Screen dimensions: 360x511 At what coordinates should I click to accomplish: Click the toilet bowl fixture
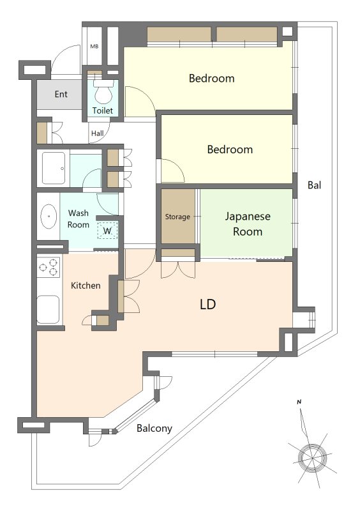click(103, 93)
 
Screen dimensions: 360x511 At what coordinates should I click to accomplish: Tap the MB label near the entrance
click(94, 47)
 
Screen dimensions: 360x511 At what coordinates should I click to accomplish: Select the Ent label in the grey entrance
click(61, 94)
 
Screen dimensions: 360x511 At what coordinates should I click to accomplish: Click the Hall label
click(98, 133)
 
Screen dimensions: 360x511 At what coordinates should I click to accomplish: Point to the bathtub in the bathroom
click(54, 168)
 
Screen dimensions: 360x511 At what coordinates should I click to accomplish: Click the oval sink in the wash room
click(49, 216)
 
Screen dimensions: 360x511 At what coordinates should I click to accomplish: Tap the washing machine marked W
click(107, 231)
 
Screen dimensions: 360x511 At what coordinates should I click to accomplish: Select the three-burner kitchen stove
click(49, 267)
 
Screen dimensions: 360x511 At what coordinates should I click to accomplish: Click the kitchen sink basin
click(49, 310)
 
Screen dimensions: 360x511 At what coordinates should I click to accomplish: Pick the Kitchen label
click(86, 286)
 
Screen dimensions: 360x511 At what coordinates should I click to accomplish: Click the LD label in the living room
click(207, 304)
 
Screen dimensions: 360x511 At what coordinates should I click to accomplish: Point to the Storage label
click(177, 217)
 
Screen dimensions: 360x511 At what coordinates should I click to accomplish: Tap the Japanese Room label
click(248, 224)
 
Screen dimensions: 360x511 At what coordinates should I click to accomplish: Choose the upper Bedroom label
click(211, 78)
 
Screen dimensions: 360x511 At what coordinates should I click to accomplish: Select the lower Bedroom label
click(230, 149)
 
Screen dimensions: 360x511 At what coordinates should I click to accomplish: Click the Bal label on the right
click(315, 185)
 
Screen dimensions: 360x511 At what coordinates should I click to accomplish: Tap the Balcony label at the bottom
click(154, 428)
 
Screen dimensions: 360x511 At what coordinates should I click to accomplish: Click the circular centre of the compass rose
click(312, 458)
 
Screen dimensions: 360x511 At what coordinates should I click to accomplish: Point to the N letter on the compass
click(299, 402)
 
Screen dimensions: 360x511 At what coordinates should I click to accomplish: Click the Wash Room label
click(78, 218)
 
